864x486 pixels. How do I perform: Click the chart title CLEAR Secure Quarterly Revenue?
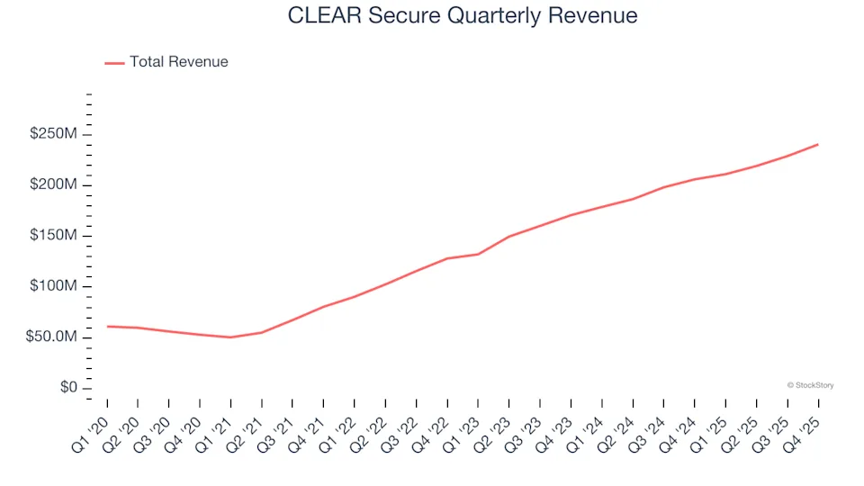463,15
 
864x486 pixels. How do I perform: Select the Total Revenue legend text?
178,62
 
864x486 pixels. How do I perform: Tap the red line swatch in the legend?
114,63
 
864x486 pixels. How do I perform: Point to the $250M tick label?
53,134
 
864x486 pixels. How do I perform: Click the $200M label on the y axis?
53,185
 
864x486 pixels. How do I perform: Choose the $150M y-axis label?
53,236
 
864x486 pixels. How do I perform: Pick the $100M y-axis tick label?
53,286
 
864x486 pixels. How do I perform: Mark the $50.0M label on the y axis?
50,337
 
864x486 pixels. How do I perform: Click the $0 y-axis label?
67,388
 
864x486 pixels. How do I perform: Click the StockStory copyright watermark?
810,385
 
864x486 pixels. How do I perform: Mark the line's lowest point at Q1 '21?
230,337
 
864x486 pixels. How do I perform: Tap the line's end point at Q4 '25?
817,144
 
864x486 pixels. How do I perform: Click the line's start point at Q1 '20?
107,326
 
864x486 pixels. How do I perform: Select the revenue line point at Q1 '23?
478,254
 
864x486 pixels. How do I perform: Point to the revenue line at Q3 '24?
663,187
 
